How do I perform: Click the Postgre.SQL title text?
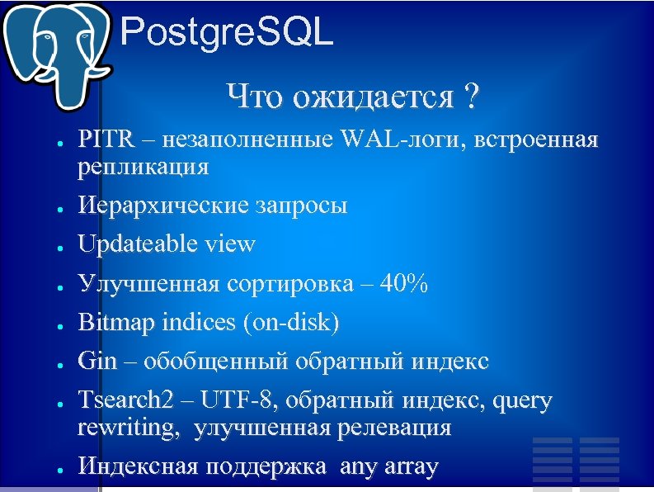click(227, 34)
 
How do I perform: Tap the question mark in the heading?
click(470, 97)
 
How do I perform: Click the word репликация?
click(143, 167)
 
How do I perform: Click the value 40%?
click(405, 284)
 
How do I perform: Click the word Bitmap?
click(111, 323)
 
